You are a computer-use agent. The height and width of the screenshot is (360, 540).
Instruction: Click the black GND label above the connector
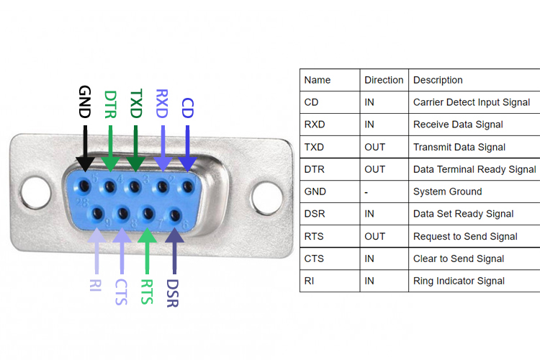(85, 102)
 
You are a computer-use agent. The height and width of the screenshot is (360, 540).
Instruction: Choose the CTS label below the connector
(120, 289)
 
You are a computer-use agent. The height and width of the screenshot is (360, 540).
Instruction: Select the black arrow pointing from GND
(85, 148)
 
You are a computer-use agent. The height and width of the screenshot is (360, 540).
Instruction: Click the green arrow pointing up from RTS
(146, 248)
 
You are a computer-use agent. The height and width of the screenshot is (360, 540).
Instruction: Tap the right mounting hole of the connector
(266, 194)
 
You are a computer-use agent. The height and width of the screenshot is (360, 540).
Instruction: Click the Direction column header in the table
(384, 80)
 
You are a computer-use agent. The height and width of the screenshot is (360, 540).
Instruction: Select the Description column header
(438, 80)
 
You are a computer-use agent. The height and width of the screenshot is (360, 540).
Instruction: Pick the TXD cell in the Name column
(315, 147)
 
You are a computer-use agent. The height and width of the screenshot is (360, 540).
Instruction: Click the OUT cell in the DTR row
(374, 169)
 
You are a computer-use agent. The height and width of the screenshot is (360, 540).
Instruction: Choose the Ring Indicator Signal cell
(459, 281)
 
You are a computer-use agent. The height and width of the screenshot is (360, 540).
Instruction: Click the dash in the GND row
(366, 192)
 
